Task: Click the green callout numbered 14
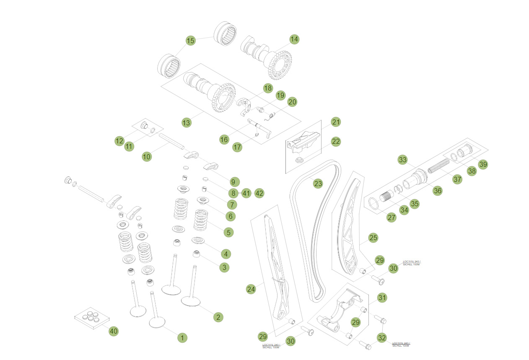[294, 39]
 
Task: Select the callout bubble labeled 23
[318, 183]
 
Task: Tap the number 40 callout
[113, 331]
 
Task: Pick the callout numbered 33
[403, 160]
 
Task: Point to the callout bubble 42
[259, 193]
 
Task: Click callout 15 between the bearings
[191, 40]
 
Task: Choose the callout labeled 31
[382, 298]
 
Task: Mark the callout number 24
[251, 289]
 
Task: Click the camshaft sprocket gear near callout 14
[280, 65]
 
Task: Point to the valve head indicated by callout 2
[190, 301]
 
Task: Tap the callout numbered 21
[336, 122]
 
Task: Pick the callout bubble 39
[483, 164]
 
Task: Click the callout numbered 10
[146, 156]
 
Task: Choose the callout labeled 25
[373, 238]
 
